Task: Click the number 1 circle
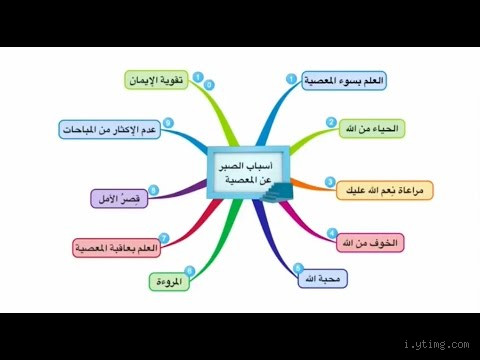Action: [291, 78]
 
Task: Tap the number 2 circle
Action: [331, 123]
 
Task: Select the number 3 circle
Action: [330, 182]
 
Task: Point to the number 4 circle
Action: [332, 234]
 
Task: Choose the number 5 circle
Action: [298, 267]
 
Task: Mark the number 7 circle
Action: [164, 237]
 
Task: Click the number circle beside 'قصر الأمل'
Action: [154, 190]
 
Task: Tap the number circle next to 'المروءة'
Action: [190, 270]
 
